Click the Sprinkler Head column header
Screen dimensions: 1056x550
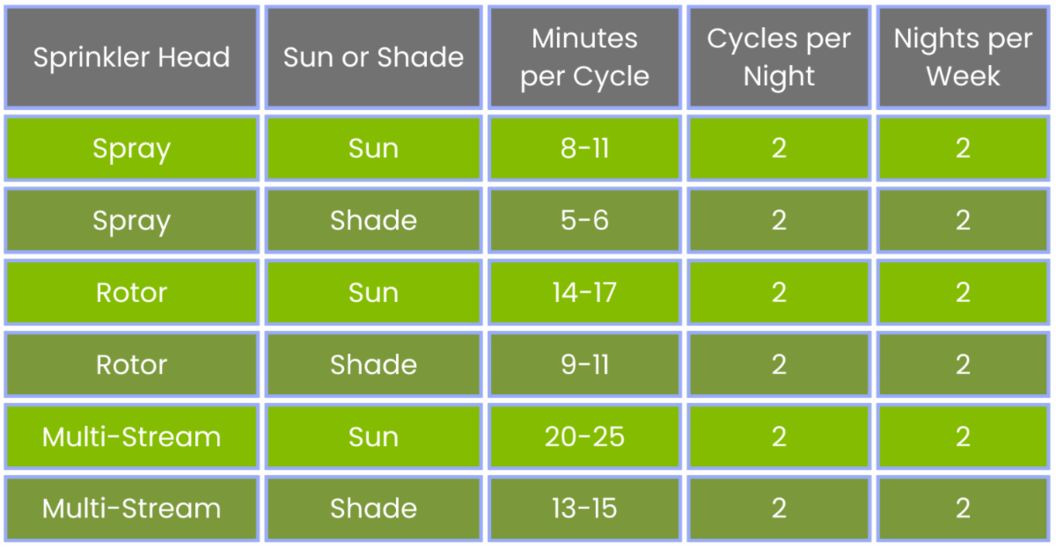pyautogui.click(x=131, y=57)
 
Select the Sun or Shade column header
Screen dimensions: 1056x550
pyautogui.click(x=373, y=57)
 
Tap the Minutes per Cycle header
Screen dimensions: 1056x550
pyautogui.click(x=584, y=57)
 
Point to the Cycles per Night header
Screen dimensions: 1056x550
pyautogui.click(x=779, y=57)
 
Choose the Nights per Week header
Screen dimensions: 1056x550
pyautogui.click(x=963, y=57)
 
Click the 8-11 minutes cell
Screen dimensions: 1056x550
pyautogui.click(x=584, y=149)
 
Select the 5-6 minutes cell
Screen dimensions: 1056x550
pyautogui.click(x=584, y=221)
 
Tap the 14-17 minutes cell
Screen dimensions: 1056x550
pyautogui.click(x=584, y=293)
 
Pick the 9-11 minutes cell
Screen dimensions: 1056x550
pyautogui.click(x=584, y=365)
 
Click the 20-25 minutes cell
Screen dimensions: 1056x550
pyautogui.click(x=584, y=436)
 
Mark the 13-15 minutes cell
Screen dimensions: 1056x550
pyautogui.click(x=584, y=509)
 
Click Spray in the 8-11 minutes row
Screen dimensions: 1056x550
pyautogui.click(x=131, y=150)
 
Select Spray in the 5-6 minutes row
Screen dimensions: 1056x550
pyautogui.click(x=131, y=222)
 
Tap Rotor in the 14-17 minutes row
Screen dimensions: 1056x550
pyautogui.click(x=131, y=293)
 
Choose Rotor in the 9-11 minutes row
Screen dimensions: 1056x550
pyautogui.click(x=131, y=365)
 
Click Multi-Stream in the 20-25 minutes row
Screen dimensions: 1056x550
pyautogui.click(x=131, y=436)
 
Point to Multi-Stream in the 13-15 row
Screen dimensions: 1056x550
pyautogui.click(x=131, y=509)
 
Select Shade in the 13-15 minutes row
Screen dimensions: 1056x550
pyautogui.click(x=373, y=509)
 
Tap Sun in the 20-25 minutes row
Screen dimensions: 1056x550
pyautogui.click(x=373, y=436)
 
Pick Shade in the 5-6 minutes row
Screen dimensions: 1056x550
pyautogui.click(x=373, y=221)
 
